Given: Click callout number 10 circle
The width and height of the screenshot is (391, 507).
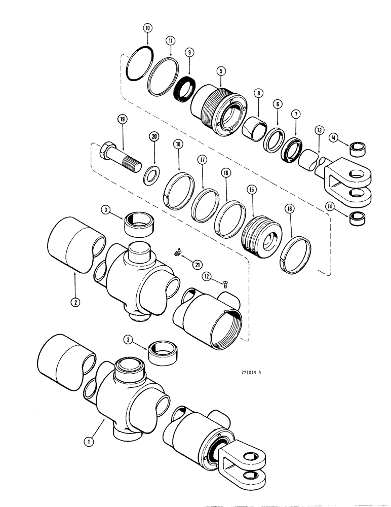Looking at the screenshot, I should (147, 28).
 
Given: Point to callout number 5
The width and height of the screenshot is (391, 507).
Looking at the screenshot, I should (221, 71).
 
